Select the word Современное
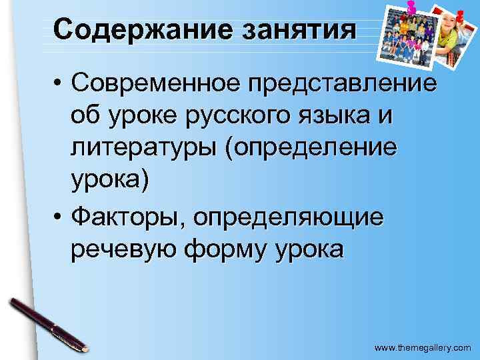coord(156,84)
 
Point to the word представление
coord(342,84)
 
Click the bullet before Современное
coord(59,85)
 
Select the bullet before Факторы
coord(59,217)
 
